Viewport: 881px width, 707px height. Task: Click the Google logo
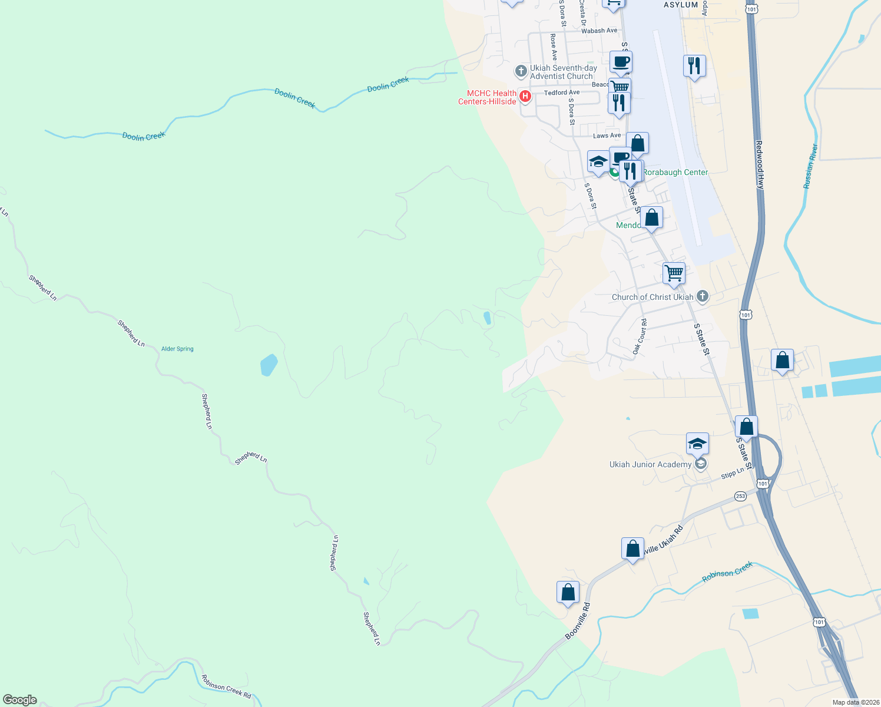20,699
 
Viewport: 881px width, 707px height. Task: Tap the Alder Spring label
177,349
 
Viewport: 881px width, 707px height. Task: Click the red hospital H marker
525,96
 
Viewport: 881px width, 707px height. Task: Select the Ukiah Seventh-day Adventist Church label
563,72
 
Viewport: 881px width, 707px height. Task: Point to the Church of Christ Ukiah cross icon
702,296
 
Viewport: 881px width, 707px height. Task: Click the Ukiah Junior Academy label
650,464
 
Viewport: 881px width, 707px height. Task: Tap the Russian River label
811,167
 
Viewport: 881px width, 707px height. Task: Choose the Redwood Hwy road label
760,165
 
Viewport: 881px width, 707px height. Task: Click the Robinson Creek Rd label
226,687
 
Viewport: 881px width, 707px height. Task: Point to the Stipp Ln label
733,474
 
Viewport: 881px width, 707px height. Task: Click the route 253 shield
740,496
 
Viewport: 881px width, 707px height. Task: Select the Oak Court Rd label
640,336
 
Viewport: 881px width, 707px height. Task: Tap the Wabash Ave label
599,31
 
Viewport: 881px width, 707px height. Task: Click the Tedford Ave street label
561,92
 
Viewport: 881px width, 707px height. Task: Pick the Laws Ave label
607,136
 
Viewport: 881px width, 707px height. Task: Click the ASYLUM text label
681,5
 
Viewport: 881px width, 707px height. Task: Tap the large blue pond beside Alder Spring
269,365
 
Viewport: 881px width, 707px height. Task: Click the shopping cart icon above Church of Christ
674,273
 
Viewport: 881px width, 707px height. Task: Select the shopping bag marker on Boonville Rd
568,592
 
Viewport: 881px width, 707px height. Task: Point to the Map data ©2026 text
855,702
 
